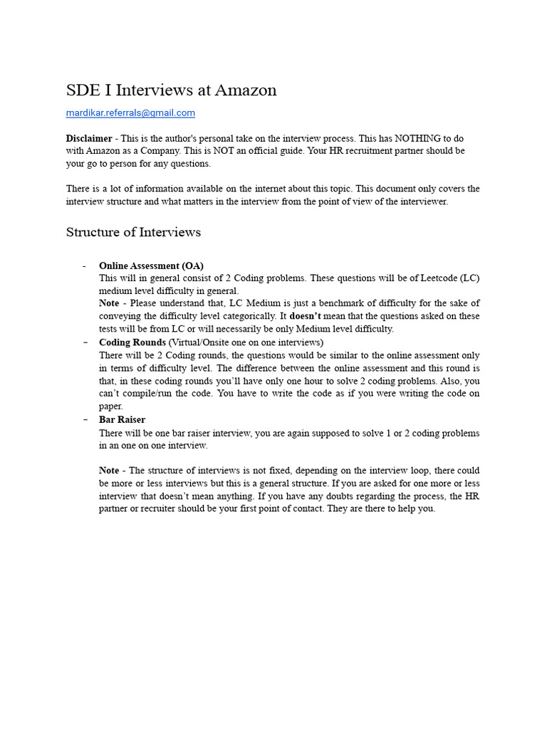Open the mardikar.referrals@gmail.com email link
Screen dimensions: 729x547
[x=130, y=112]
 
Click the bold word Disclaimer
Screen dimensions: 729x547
[x=89, y=138]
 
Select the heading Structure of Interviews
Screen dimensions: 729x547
[x=133, y=232]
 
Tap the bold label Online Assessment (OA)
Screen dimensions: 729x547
[x=151, y=266]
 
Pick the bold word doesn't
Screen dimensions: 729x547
[x=306, y=316]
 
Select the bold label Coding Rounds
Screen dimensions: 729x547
[x=132, y=342]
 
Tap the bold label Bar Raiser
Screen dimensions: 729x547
[x=122, y=419]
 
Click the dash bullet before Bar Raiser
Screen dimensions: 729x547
[x=84, y=419]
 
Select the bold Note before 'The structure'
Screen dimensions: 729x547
[x=109, y=471]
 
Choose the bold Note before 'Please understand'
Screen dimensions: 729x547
[x=109, y=303]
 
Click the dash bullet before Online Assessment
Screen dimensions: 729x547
[x=84, y=266]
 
